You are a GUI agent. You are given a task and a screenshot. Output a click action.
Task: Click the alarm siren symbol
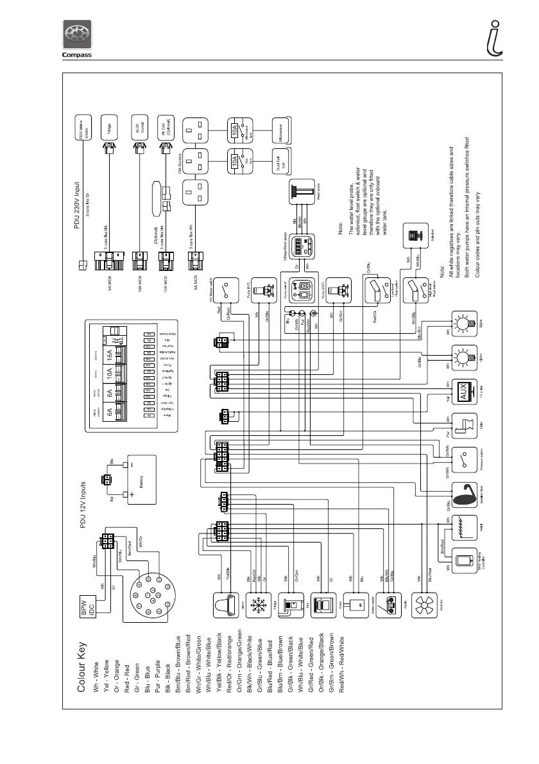225,606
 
